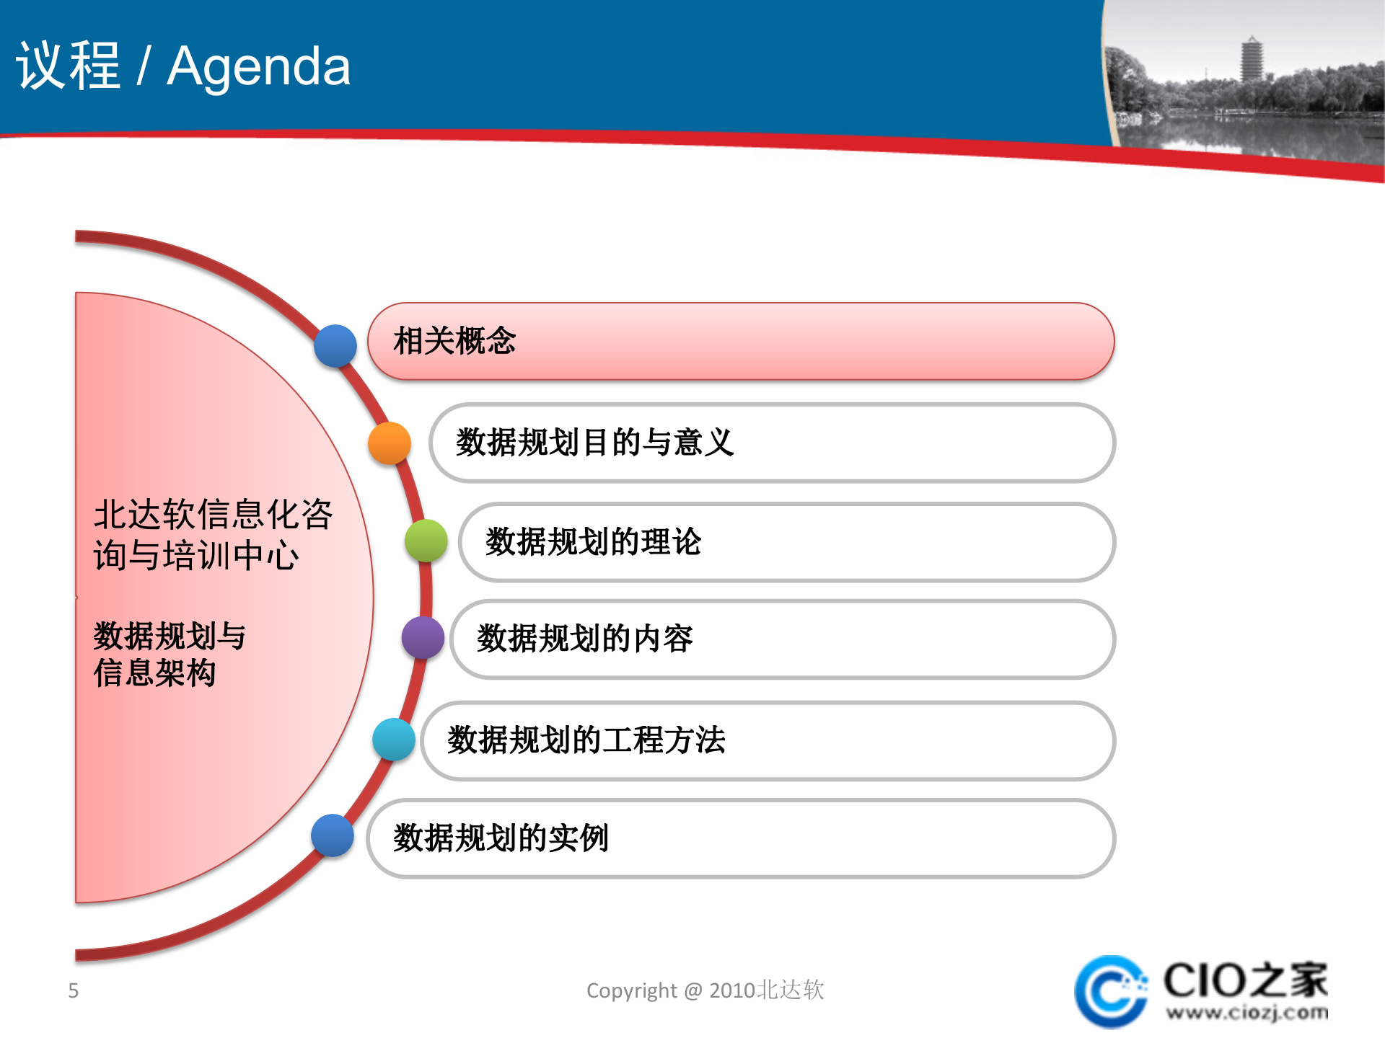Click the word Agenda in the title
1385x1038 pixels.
pyautogui.click(x=258, y=66)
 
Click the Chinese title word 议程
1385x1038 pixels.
pyautogui.click(x=69, y=66)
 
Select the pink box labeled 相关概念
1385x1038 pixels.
pyautogui.click(x=741, y=342)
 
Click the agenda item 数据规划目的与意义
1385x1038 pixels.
pyautogui.click(x=772, y=443)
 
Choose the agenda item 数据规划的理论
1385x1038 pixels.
pyautogui.click(x=786, y=542)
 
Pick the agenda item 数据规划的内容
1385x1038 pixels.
pyautogui.click(x=783, y=639)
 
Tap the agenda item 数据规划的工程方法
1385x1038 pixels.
pyautogui.click(x=768, y=741)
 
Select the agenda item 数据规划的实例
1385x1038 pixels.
pyautogui.click(x=741, y=838)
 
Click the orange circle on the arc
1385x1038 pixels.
pyautogui.click(x=390, y=443)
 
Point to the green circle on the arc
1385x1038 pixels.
pyautogui.click(x=426, y=541)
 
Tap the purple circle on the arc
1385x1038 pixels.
pyautogui.click(x=423, y=637)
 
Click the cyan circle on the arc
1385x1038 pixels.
pyautogui.click(x=394, y=740)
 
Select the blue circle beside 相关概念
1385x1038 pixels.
pyautogui.click(x=335, y=346)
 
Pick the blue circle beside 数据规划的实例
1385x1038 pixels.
pyautogui.click(x=333, y=835)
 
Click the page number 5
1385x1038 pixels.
pyautogui.click(x=73, y=990)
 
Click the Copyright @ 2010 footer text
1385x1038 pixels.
pyautogui.click(x=705, y=990)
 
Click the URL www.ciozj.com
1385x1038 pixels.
pyautogui.click(x=1246, y=1013)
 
